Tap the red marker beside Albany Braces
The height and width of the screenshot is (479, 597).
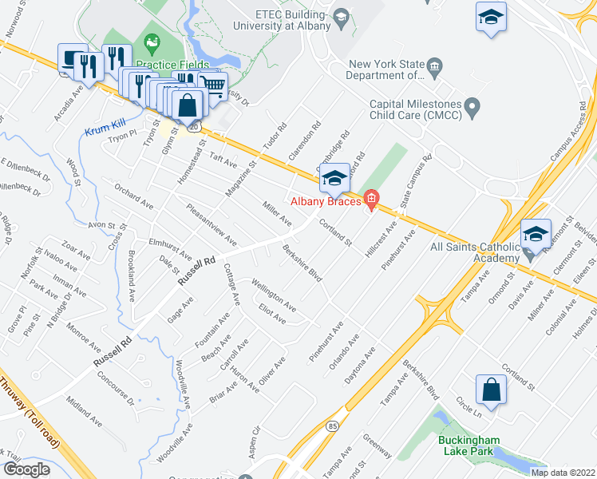tap(370, 199)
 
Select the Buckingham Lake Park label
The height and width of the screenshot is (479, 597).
tap(469, 445)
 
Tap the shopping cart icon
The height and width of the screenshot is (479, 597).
tap(212, 85)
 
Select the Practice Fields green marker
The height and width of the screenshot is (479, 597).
tap(150, 41)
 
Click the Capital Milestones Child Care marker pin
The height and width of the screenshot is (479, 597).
tap(472, 105)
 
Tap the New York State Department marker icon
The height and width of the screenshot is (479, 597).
tap(436, 65)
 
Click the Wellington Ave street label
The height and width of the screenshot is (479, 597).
tap(274, 295)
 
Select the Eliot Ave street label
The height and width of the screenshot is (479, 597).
tap(271, 314)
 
